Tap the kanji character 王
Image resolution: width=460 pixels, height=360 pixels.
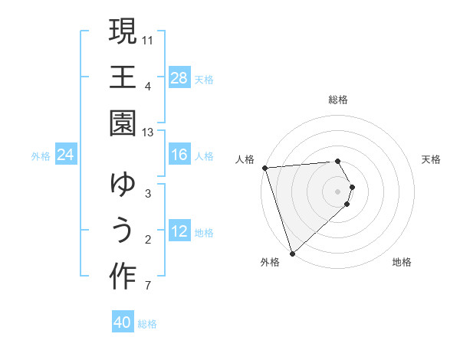[x=123, y=77]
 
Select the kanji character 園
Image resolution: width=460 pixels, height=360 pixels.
[x=123, y=123]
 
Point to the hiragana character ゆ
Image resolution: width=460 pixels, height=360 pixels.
[x=123, y=185]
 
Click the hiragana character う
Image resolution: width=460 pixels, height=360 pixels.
[x=123, y=231]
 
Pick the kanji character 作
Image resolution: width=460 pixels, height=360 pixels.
[x=123, y=277]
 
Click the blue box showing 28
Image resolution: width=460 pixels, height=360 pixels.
[x=179, y=77]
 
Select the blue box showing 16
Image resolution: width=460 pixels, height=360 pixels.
[x=179, y=155]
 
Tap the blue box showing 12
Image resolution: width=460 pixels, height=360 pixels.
[x=179, y=231]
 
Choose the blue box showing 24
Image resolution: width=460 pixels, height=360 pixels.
[x=66, y=155]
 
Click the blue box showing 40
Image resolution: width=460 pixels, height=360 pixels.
[x=123, y=322]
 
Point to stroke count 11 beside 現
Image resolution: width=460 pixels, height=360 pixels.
[x=148, y=40]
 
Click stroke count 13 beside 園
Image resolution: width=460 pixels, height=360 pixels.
[x=148, y=133]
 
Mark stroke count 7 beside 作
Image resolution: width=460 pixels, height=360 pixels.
[x=148, y=286]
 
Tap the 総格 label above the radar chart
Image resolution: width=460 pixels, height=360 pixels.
[x=338, y=100]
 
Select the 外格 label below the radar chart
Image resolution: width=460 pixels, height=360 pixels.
[x=269, y=262]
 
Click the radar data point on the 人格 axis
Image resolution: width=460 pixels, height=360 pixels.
[x=264, y=168]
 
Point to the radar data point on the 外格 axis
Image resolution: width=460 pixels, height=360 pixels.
[x=292, y=253]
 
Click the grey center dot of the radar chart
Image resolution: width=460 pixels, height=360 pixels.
[x=338, y=191]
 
